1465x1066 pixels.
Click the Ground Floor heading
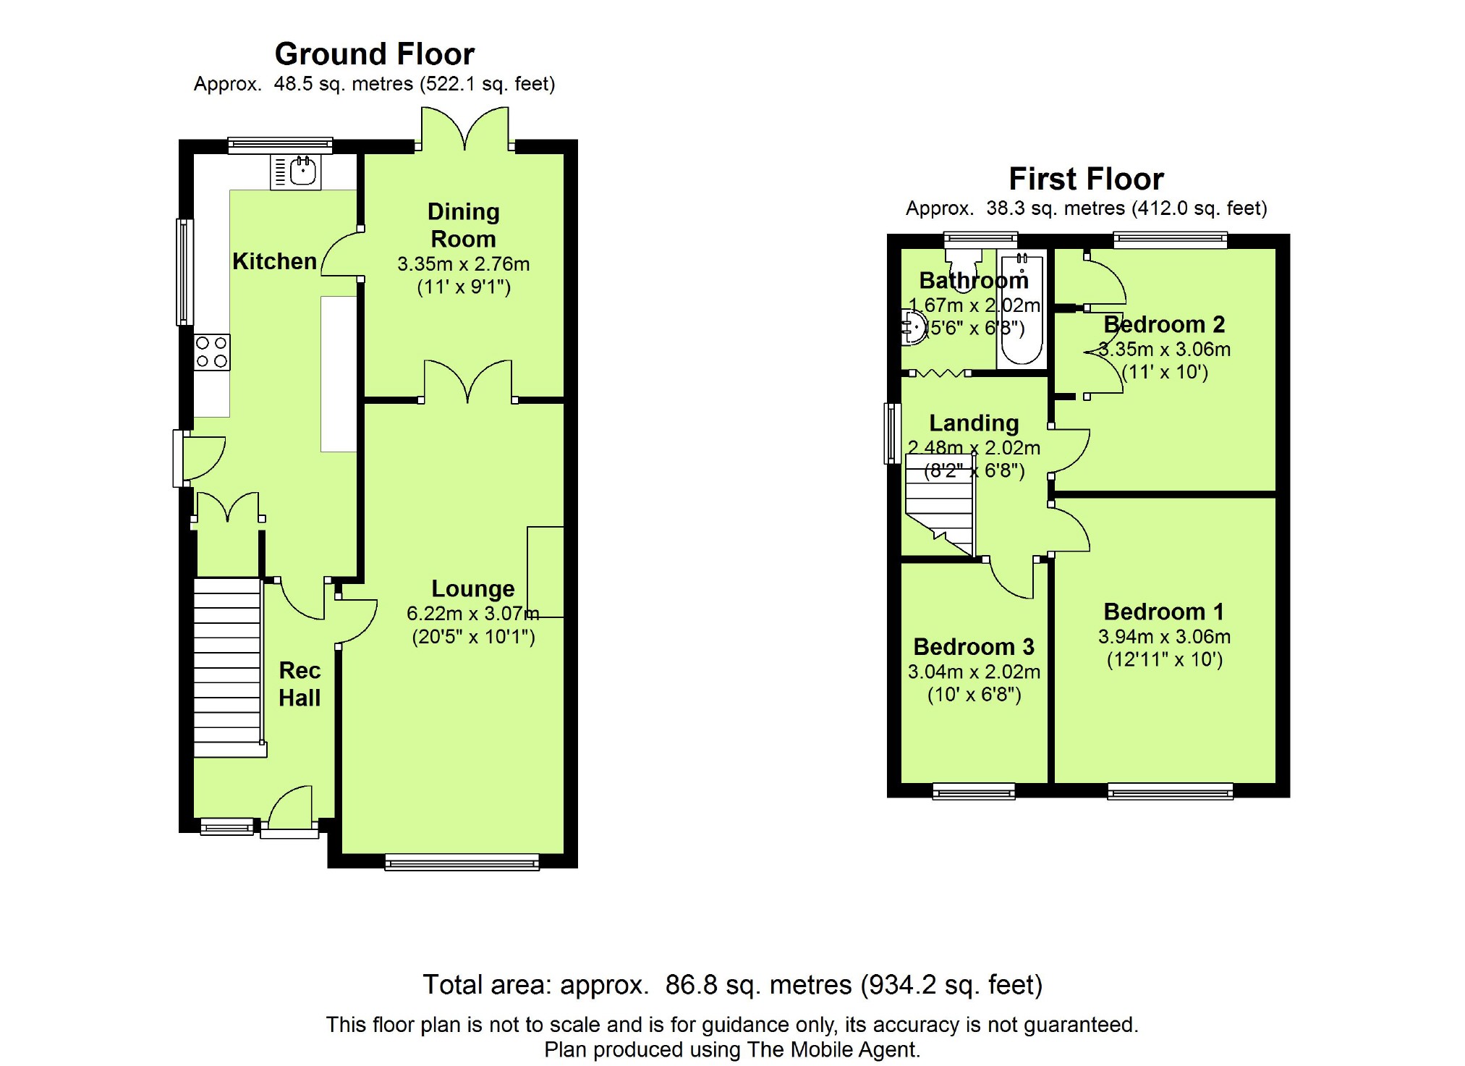pos(374,54)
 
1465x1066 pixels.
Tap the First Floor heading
pos(1086,179)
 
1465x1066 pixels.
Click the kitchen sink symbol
pos(296,172)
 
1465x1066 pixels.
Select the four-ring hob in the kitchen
pos(212,352)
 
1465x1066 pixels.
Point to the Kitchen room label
pos(275,261)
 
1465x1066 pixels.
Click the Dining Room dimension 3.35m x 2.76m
pos(464,264)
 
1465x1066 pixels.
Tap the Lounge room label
pos(473,588)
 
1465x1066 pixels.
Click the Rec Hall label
pos(300,684)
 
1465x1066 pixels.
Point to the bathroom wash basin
pos(914,328)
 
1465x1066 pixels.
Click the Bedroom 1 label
pos(1164,612)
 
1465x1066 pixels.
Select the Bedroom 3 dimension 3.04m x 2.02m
pos(974,672)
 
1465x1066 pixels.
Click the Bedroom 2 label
pos(1164,324)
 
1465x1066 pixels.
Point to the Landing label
pos(974,423)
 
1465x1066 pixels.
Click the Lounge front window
pos(462,862)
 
